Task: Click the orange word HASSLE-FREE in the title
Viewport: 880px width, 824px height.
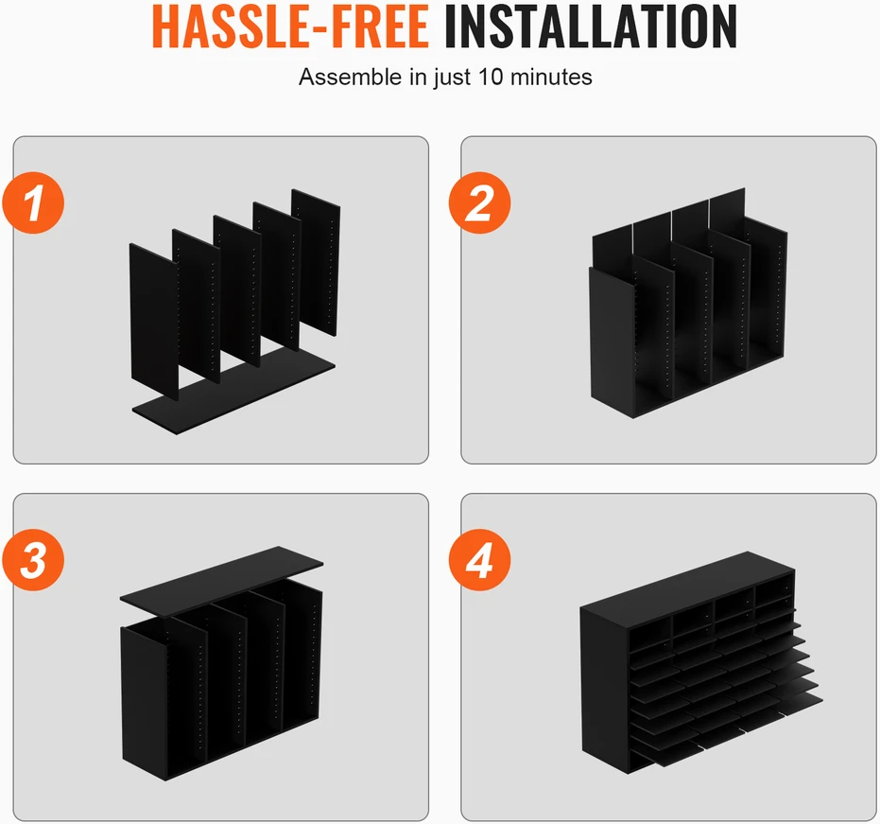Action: [x=290, y=26]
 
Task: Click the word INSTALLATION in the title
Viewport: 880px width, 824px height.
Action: [x=591, y=26]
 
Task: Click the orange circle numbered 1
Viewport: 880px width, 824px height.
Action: [x=33, y=202]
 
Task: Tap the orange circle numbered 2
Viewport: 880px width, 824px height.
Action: [x=479, y=202]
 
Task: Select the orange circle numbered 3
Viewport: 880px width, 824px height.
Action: [x=33, y=560]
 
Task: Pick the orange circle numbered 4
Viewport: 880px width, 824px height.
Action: [x=479, y=560]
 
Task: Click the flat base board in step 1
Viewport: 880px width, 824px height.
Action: [x=233, y=392]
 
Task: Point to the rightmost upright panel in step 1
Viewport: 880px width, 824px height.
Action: [x=316, y=262]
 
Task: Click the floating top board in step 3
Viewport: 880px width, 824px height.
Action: [x=221, y=582]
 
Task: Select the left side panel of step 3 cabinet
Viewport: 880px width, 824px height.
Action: [x=144, y=702]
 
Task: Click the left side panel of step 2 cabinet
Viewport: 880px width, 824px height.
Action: [x=612, y=342]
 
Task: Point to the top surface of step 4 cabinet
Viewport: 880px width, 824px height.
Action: [x=687, y=581]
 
